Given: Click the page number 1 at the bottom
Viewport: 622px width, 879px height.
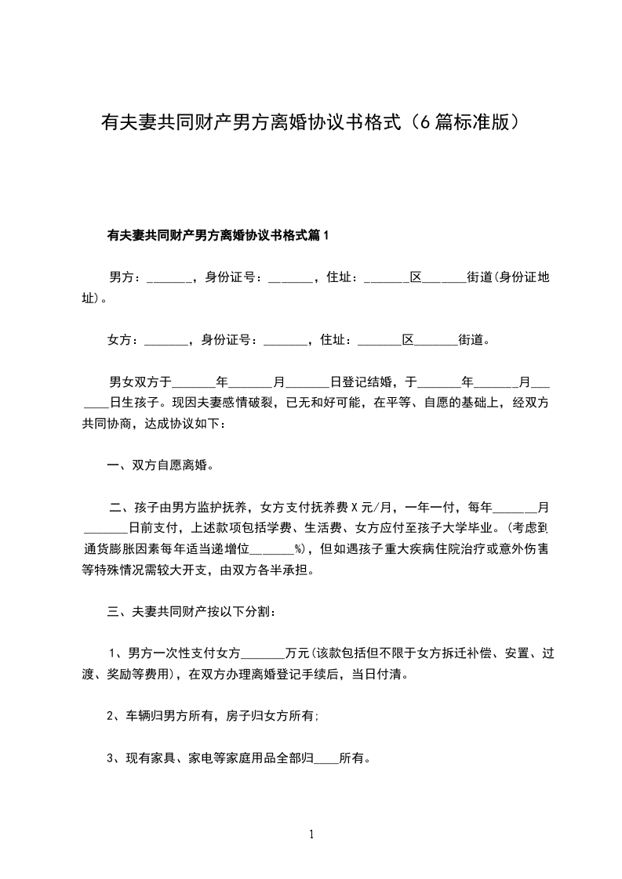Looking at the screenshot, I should pos(311,834).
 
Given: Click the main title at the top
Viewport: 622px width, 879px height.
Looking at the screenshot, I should pos(311,123).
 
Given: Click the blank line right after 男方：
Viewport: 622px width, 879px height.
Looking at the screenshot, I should pos(168,279).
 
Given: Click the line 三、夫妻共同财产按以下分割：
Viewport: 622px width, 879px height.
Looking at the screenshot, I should pos(191,611).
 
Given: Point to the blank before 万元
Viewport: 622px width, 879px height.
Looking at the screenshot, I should pos(264,653).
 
